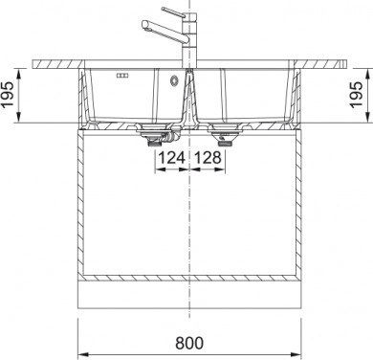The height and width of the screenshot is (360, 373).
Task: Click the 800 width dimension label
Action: tap(189, 343)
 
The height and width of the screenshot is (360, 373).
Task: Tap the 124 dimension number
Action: tap(172, 157)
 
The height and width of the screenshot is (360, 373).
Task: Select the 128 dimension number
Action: tap(208, 157)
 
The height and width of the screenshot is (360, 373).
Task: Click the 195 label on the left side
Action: tap(7, 95)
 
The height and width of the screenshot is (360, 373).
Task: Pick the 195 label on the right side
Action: tap(356, 95)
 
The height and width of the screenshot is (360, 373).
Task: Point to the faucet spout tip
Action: tap(145, 25)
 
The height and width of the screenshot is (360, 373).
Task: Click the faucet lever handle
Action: tap(173, 11)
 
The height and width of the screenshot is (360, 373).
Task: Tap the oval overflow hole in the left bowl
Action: tap(173, 80)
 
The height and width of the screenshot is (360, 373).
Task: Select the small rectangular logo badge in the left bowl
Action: tap(122, 76)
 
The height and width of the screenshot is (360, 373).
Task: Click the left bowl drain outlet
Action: tap(154, 137)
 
